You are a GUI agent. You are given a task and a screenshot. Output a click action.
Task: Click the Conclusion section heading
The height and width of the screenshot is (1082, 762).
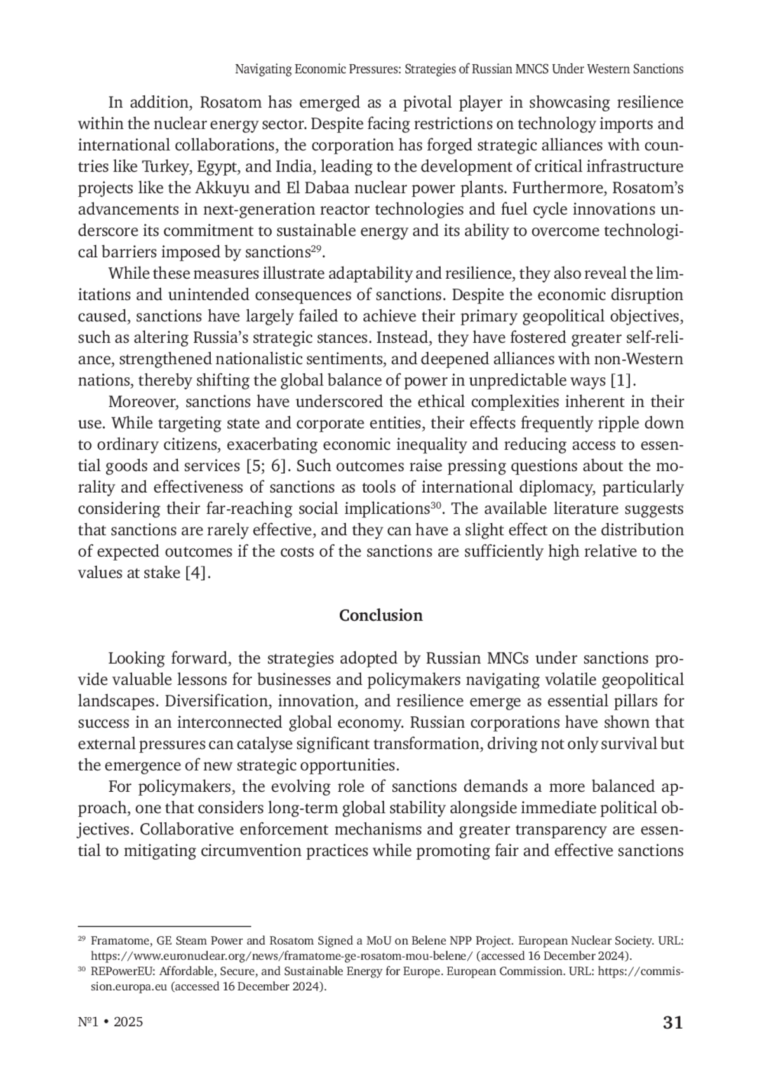tap(380, 615)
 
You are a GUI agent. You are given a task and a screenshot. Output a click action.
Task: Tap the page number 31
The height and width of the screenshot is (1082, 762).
tap(672, 1022)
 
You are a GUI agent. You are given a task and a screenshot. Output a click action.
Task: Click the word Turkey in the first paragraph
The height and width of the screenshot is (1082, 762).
tap(162, 167)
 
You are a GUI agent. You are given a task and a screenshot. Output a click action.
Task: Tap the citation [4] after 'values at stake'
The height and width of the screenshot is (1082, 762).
tap(196, 573)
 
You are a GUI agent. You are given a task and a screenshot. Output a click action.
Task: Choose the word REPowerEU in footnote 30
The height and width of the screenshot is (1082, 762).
tap(117, 972)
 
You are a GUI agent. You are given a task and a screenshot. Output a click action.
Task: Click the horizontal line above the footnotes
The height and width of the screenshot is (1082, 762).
tap(164, 926)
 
